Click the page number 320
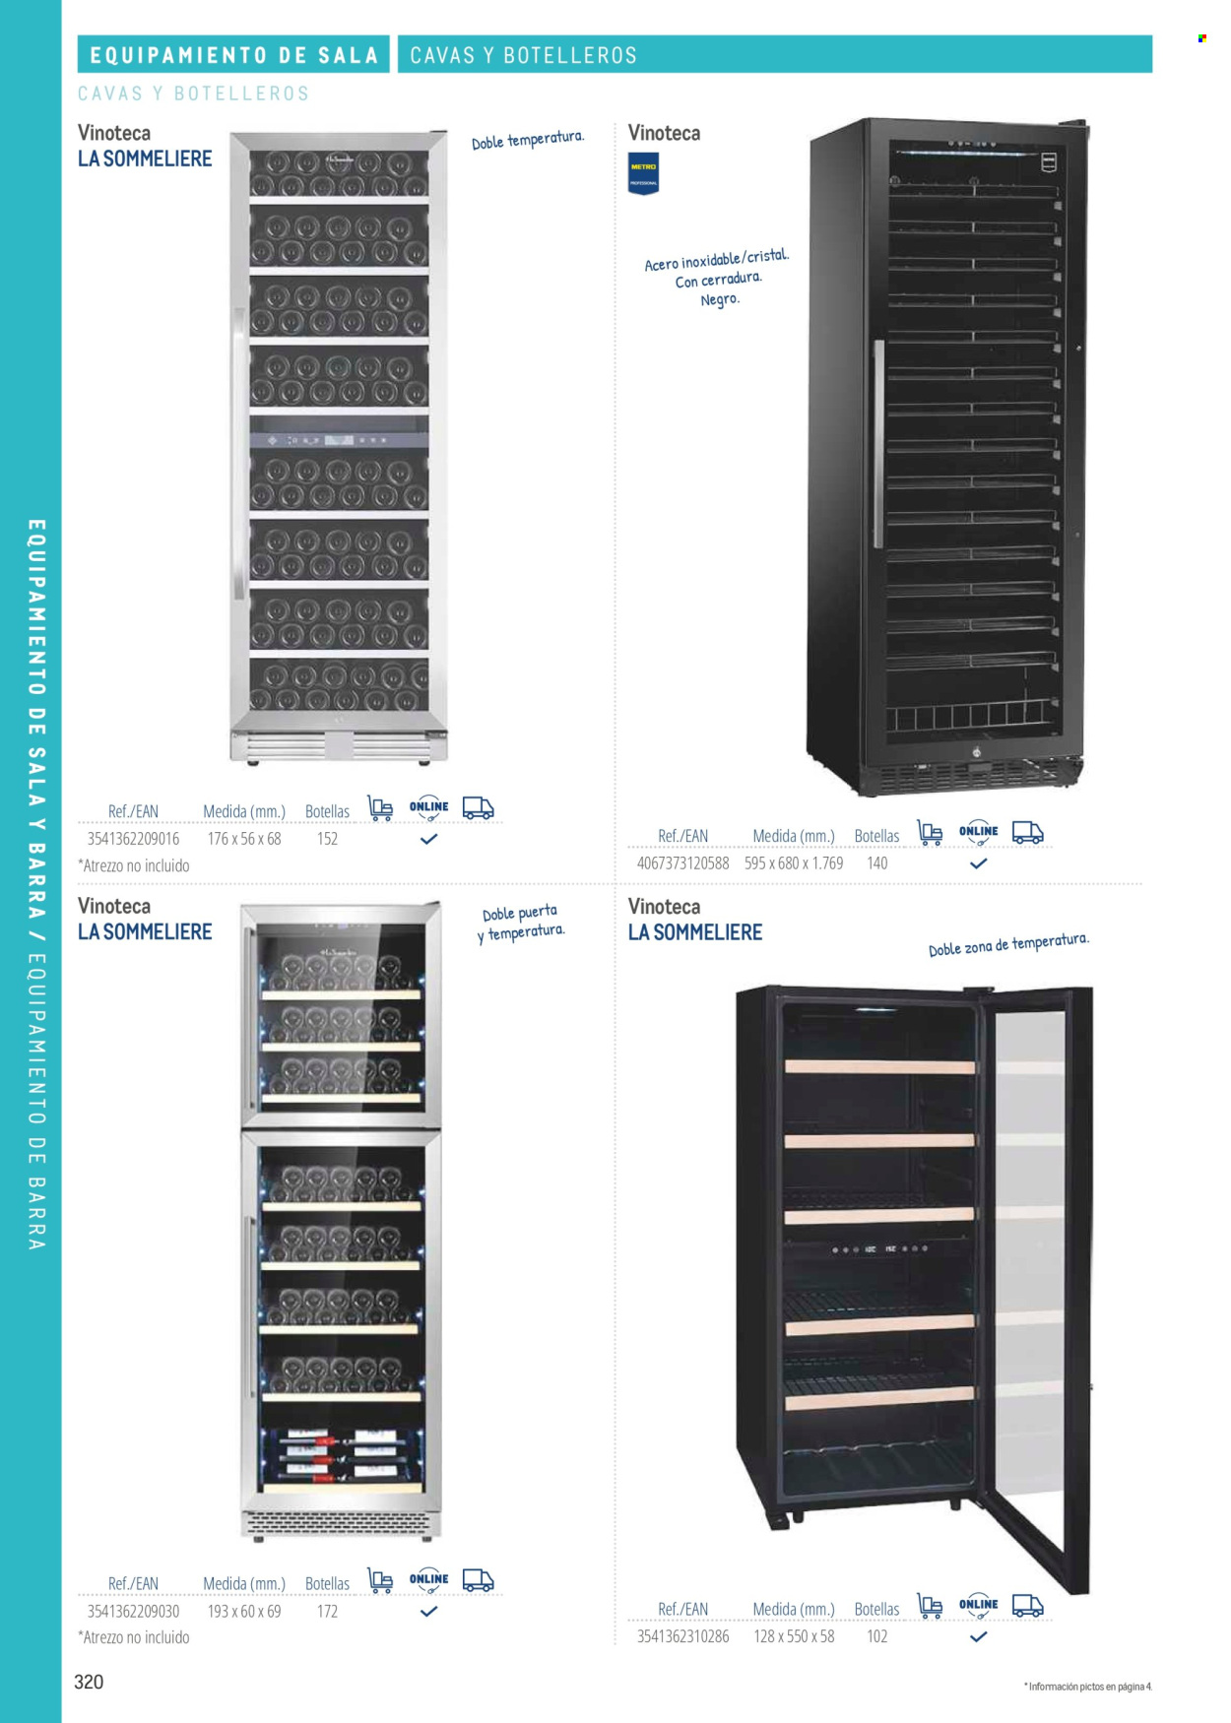[89, 1682]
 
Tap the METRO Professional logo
[643, 173]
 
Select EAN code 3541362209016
[133, 839]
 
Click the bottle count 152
[327, 839]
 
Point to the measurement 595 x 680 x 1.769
[794, 863]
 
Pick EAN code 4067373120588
[682, 863]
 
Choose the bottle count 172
[327, 1612]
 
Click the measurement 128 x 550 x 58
[794, 1636]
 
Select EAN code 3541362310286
[682, 1636]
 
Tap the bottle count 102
[876, 1636]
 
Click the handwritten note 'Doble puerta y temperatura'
[521, 923]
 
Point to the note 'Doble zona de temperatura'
[1008, 944]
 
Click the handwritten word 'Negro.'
[720, 299]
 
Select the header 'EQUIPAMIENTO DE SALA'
[234, 55]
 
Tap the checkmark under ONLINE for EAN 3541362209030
[428, 1612]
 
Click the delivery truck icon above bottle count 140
[1027, 833]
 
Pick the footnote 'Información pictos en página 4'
[1088, 1687]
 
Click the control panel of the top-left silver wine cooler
[339, 440]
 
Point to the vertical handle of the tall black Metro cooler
[877, 444]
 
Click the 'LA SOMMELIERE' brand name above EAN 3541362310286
[695, 932]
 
